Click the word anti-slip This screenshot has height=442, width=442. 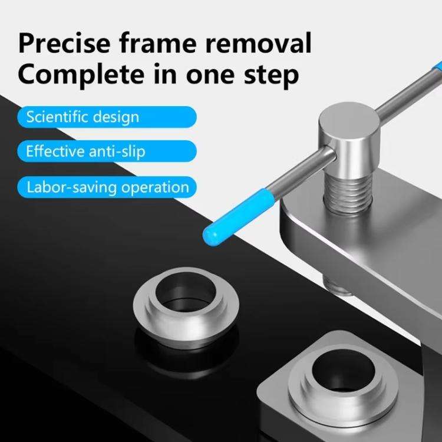point(116,151)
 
